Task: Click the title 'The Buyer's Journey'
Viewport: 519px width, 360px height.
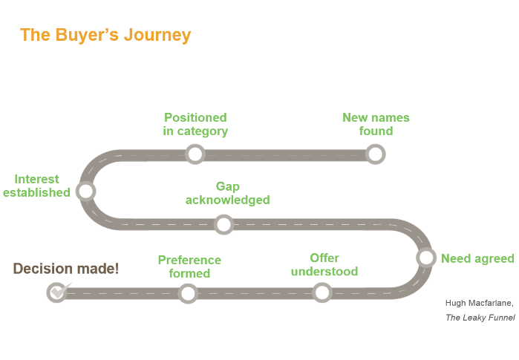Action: point(105,35)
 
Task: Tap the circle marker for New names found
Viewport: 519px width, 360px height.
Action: point(376,154)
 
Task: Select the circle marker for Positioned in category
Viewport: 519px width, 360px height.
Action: point(195,154)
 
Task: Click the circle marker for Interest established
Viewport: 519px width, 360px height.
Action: point(86,192)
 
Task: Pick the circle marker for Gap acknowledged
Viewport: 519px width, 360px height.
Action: point(223,224)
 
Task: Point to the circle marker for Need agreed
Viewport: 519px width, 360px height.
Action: point(426,258)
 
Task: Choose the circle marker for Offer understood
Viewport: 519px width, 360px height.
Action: point(322,292)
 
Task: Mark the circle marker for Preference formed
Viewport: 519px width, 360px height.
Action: point(189,293)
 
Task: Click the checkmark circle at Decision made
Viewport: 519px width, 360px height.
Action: point(56,292)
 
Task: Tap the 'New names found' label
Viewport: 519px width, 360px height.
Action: point(376,124)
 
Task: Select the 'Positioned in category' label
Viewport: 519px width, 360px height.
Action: point(195,124)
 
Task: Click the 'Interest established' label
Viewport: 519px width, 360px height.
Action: point(36,186)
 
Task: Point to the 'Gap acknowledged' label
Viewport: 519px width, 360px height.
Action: point(227,193)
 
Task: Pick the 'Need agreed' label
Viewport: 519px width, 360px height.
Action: point(477,258)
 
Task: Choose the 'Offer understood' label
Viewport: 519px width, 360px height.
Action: point(324,264)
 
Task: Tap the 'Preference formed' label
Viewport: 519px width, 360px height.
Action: point(189,266)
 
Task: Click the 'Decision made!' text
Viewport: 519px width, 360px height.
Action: point(65,269)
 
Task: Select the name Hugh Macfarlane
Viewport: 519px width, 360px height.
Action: point(479,303)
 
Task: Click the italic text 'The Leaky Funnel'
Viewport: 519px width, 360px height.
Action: point(480,317)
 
